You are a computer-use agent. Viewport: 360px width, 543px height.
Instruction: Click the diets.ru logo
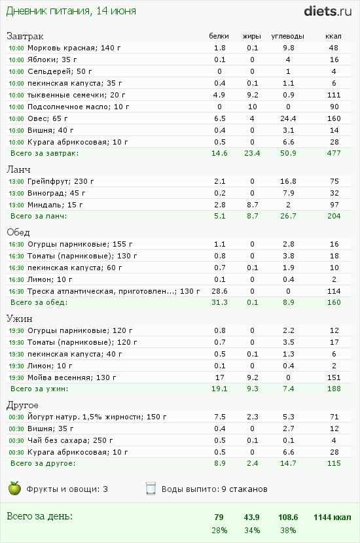tap(328, 11)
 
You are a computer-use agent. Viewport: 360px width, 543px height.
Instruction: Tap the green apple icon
tap(14, 488)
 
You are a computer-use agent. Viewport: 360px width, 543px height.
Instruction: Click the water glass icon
tap(151, 488)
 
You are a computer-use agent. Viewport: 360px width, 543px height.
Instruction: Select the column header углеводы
tap(287, 36)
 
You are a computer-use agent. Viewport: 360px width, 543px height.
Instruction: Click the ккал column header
tap(333, 36)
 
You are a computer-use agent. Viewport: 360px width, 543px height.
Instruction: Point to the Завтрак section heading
tap(25, 36)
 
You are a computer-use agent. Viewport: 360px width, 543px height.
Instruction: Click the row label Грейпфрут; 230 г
tap(61, 181)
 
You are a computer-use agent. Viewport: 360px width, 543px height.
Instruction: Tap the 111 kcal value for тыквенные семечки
tap(334, 95)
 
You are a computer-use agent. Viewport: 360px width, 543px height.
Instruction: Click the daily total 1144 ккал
tap(333, 517)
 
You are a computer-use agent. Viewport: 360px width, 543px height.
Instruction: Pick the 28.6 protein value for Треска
tap(220, 291)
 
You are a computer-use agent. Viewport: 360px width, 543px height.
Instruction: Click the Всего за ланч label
tap(39, 216)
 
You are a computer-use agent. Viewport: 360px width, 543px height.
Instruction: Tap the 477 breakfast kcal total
tap(334, 153)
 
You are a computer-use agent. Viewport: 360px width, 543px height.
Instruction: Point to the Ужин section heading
tap(20, 318)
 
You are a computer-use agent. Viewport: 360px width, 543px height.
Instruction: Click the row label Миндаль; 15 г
tap(55, 205)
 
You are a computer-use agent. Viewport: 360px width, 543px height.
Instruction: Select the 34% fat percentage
tap(252, 531)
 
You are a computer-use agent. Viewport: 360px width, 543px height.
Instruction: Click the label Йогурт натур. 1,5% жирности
tap(85, 417)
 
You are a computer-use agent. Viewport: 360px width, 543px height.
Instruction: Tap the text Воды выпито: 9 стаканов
tap(215, 489)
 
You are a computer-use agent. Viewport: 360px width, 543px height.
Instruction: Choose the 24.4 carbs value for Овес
tap(288, 118)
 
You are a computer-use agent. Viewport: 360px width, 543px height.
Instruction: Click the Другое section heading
tap(22, 405)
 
